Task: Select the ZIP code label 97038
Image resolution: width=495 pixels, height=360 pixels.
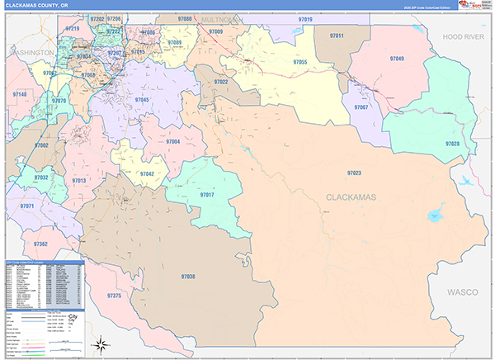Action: pos(188,276)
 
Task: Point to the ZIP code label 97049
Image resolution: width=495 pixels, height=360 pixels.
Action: pos(397,59)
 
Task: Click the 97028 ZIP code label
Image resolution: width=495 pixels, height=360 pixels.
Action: pos(451,144)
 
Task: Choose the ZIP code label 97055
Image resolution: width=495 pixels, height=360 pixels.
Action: pos(300,62)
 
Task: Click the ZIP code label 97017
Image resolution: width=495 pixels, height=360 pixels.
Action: pos(207,194)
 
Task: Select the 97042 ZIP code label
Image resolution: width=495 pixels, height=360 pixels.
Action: pos(146,174)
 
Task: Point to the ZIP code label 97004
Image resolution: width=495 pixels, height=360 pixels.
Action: pos(173,142)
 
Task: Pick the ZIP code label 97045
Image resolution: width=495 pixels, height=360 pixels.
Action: pos(142,100)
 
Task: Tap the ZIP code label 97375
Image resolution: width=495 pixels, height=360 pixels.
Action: pos(115,296)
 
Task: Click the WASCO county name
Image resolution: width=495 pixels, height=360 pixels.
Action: pos(463,292)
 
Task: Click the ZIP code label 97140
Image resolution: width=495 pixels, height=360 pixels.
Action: pos(19,95)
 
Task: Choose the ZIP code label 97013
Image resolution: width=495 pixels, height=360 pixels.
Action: pos(79,180)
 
